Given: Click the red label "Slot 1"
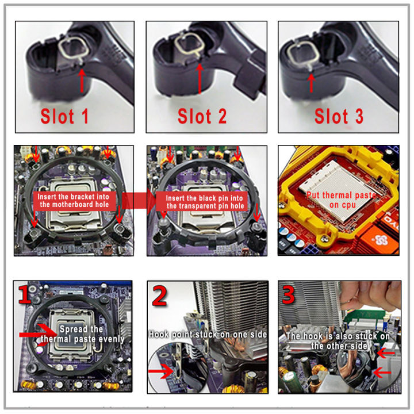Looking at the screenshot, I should (x=64, y=116).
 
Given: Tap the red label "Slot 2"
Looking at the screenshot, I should (x=202, y=116).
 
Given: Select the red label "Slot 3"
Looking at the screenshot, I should (x=339, y=116).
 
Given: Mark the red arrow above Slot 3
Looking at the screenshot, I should (x=311, y=80).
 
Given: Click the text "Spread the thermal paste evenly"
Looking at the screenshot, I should (x=82, y=334).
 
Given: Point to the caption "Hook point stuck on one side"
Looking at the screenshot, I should (x=208, y=333).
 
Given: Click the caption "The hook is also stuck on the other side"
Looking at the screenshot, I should (x=338, y=340).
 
